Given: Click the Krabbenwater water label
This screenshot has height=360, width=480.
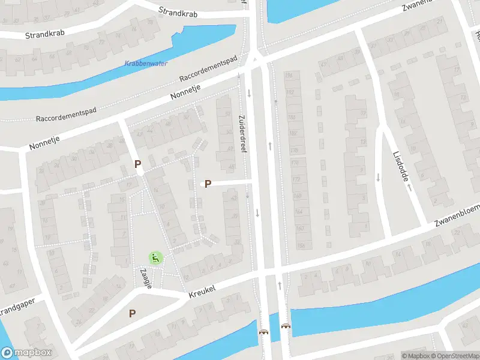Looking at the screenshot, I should (x=146, y=64).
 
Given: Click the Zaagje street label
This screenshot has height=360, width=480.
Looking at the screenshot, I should (x=145, y=278).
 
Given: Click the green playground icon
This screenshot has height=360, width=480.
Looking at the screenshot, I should (x=155, y=258).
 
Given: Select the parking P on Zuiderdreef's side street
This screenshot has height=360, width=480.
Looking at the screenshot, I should (x=208, y=184).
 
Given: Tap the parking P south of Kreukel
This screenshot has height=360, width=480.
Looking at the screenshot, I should (x=132, y=313).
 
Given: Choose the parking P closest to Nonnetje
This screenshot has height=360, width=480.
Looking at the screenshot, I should (x=137, y=163).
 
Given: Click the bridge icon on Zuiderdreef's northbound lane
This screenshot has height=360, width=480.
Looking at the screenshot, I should (x=286, y=326).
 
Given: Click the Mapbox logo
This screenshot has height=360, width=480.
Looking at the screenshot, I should (x=26, y=353).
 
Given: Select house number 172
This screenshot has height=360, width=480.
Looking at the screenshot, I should (x=296, y=179).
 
